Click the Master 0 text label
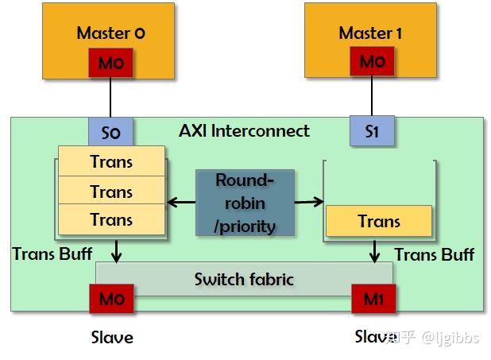coord(110,33)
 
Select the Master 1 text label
coord(370,33)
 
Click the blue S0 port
coord(110,131)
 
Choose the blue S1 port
coord(371,131)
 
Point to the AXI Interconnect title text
coord(244,130)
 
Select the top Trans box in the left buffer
coord(111,161)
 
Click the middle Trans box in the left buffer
coord(111,191)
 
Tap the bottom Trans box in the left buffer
coord(111,220)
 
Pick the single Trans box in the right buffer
coord(379,221)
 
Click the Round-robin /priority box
coord(245,203)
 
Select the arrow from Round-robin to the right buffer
coord(309,203)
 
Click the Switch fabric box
coord(244,279)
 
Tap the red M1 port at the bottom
coord(373,300)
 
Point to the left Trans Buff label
coord(52,254)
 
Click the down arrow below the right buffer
coord(373,251)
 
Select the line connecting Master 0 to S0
coord(110,98)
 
